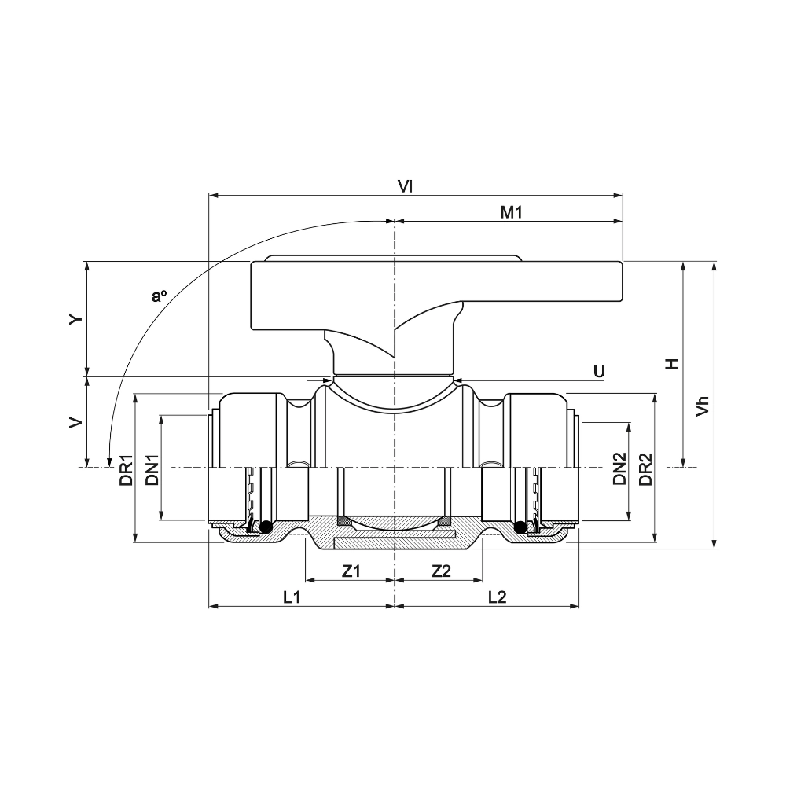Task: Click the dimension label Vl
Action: coord(405,186)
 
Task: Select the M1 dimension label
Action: coord(512,212)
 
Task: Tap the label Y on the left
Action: coord(76,319)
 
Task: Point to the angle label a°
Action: coord(159,296)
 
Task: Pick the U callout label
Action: coord(599,372)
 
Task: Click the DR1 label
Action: coord(127,470)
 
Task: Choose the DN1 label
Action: coord(152,470)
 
